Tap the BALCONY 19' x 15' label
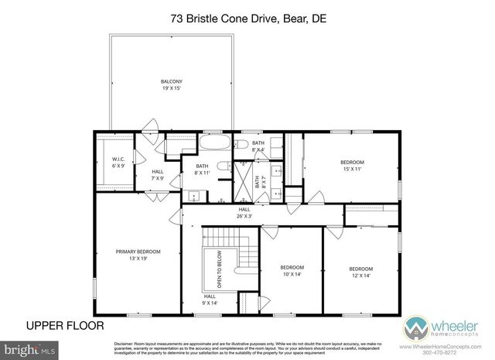(x=171, y=84)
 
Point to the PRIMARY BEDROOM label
(x=138, y=255)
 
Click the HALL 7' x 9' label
(x=157, y=174)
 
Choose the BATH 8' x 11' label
(x=202, y=169)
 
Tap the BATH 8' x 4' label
(x=258, y=146)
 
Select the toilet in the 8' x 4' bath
(x=240, y=144)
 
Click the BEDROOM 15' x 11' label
(x=352, y=165)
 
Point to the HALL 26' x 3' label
(x=244, y=212)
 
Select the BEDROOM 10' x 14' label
(x=292, y=271)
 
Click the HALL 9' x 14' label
(x=210, y=299)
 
